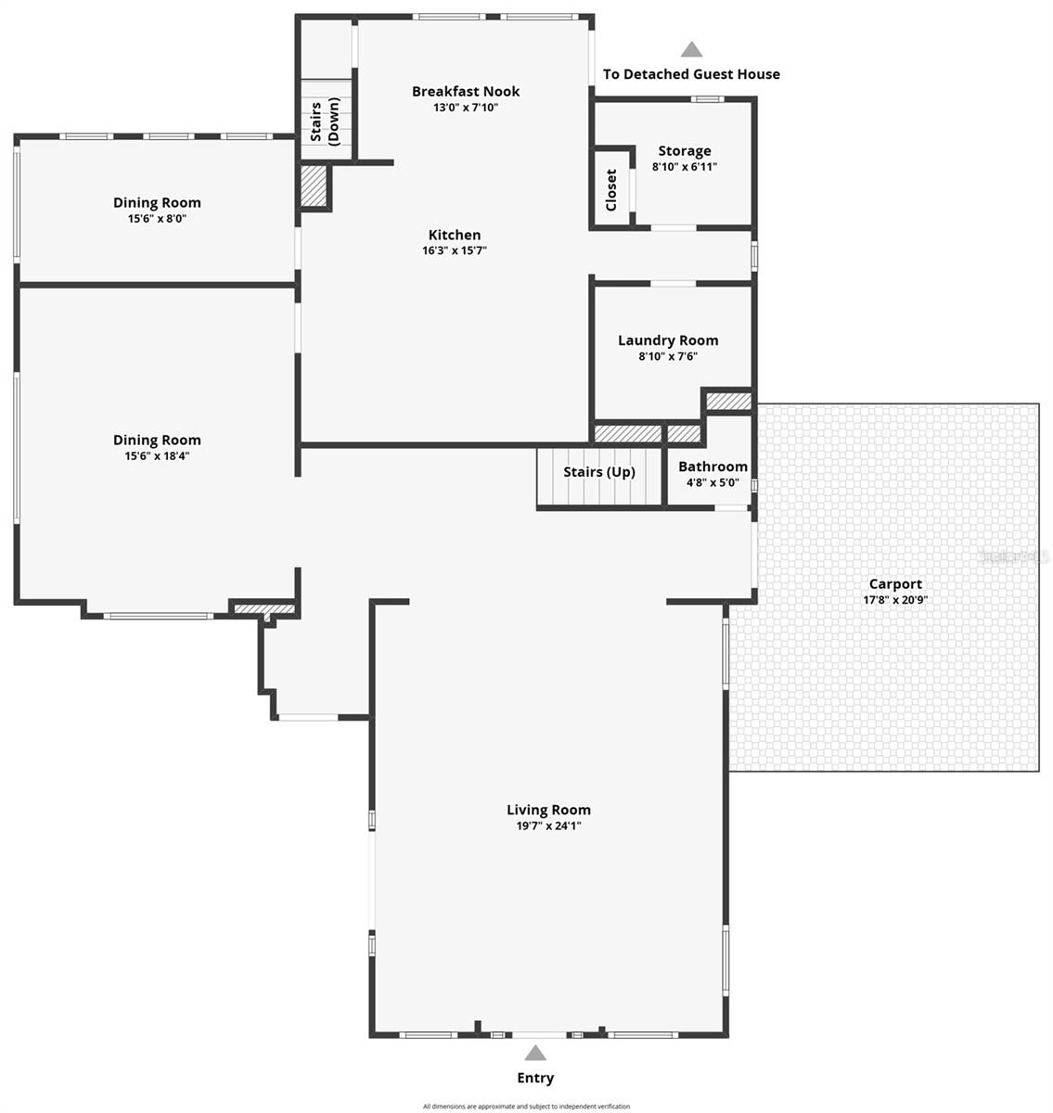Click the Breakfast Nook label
point(466,91)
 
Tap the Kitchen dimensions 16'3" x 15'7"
point(455,250)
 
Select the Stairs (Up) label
point(599,472)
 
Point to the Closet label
point(611,189)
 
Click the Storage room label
point(685,151)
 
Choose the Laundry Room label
point(668,340)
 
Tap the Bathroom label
point(713,467)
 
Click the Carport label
point(895,584)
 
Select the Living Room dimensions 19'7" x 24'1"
point(548,825)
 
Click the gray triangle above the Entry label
point(535,1053)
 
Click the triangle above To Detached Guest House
point(691,50)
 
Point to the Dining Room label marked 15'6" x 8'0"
point(157,202)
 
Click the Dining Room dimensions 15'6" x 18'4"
point(157,455)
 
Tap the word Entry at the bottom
point(535,1078)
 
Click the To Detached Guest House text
point(691,74)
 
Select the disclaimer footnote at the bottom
point(526,1107)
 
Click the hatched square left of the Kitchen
point(314,186)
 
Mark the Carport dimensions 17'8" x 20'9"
point(895,600)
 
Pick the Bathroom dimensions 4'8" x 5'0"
point(713,482)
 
